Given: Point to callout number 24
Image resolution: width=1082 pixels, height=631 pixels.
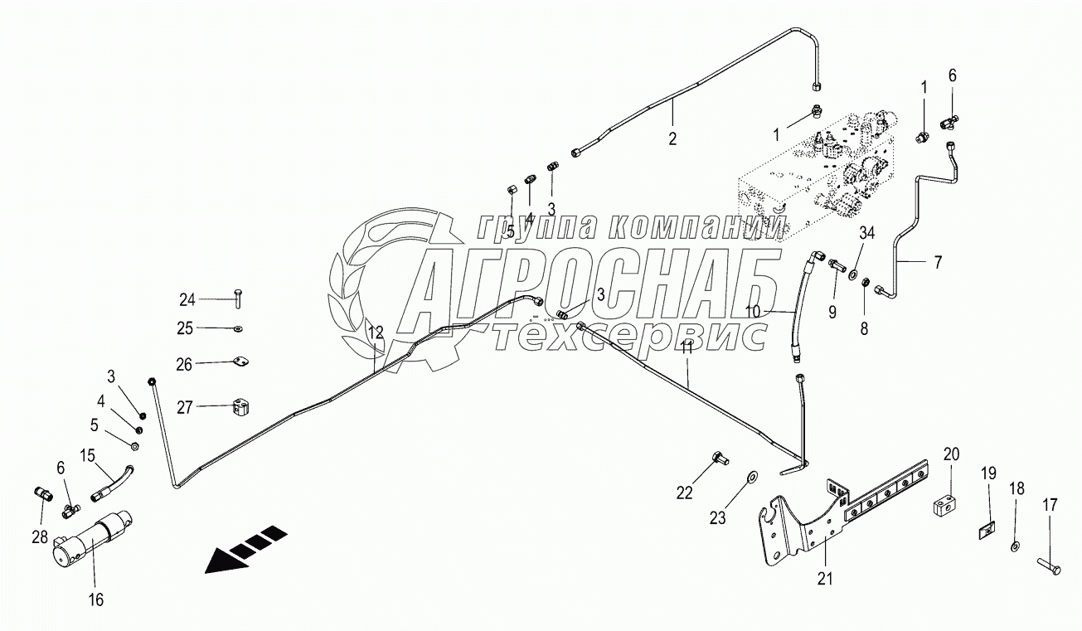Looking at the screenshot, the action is coord(187,299).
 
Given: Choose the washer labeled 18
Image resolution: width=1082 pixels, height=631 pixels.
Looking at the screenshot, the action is coord(1016,546).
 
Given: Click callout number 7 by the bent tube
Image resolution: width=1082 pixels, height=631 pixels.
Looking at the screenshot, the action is coord(938,264).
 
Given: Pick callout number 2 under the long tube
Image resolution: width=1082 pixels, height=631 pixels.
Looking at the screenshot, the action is coord(672,138).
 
